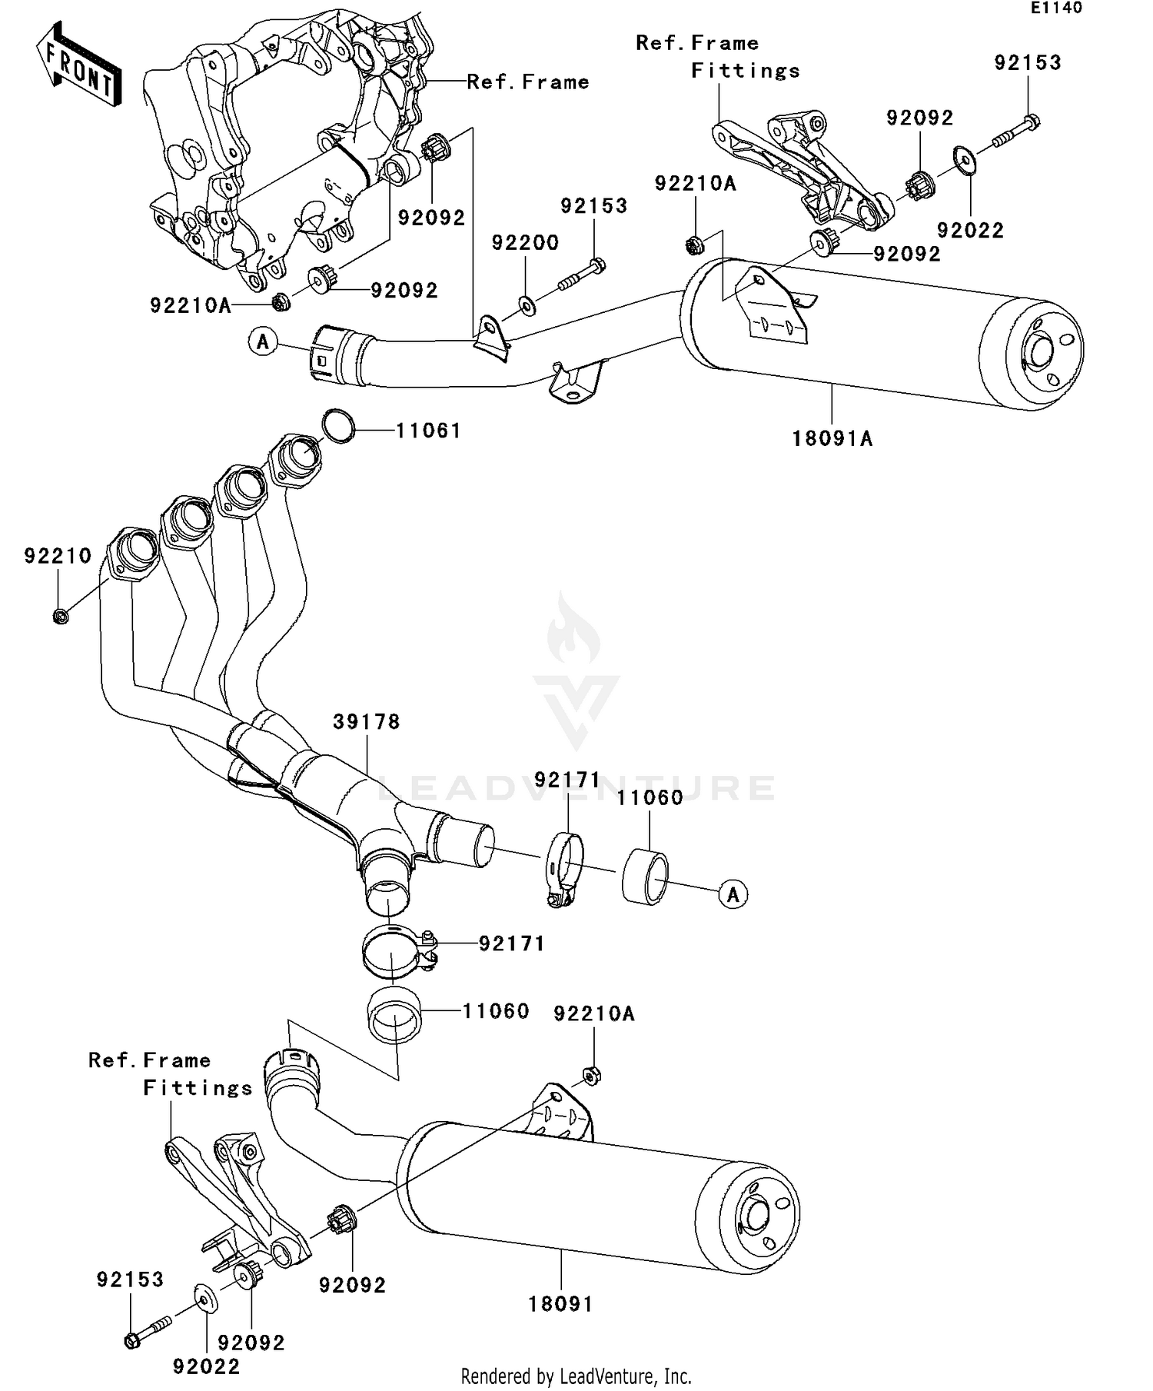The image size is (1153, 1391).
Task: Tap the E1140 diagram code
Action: point(1056,8)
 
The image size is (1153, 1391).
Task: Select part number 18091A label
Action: point(832,439)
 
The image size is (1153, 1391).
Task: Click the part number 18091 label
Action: point(560,1304)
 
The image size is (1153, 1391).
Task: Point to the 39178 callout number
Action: point(367,722)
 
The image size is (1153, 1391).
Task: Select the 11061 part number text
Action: point(428,431)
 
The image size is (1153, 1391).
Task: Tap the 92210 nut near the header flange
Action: point(61,615)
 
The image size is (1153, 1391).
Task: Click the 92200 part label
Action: point(525,243)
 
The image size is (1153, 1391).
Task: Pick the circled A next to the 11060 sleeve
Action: point(733,894)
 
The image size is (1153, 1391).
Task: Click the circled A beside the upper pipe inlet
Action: point(263,341)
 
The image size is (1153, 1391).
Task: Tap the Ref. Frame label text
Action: point(527,82)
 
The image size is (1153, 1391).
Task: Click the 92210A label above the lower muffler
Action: point(593,1014)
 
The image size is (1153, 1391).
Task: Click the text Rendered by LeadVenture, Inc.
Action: point(576,1376)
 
